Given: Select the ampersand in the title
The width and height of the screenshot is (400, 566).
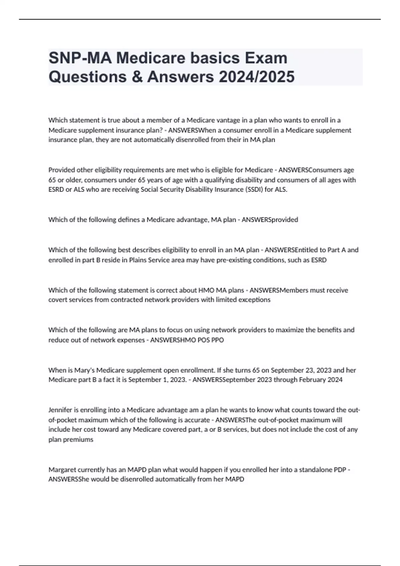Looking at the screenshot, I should click(137, 77).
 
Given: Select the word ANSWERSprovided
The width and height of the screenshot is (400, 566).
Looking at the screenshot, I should click(270, 220).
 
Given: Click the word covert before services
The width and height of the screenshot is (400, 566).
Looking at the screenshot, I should click(58, 300).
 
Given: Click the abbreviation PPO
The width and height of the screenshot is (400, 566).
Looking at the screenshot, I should click(218, 340).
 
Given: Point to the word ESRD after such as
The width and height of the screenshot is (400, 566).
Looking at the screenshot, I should click(319, 260).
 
